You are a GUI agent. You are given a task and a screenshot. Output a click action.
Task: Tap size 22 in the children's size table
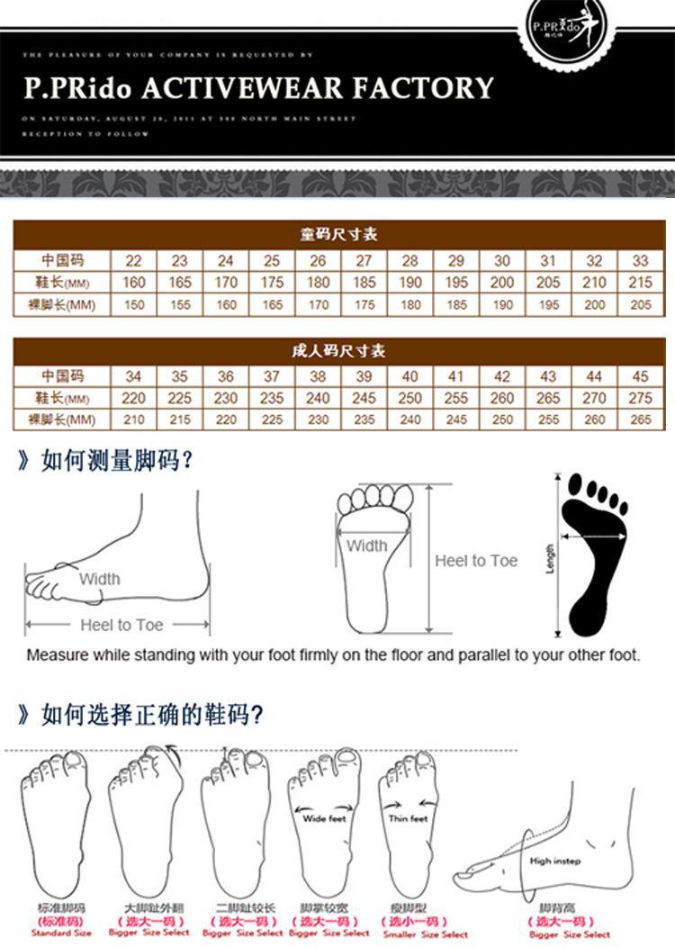click(x=133, y=261)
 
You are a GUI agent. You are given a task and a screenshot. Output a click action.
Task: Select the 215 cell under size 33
click(x=640, y=283)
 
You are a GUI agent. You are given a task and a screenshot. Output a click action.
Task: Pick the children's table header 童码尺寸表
click(x=337, y=235)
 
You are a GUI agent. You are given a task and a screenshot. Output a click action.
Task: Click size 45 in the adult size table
click(x=640, y=377)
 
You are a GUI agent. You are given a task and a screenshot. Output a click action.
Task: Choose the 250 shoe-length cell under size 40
click(x=409, y=398)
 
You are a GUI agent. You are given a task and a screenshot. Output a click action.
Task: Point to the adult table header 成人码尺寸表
click(x=337, y=351)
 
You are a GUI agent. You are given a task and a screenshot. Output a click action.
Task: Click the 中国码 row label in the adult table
click(x=61, y=376)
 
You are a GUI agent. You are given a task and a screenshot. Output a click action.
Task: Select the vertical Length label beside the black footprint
click(x=550, y=558)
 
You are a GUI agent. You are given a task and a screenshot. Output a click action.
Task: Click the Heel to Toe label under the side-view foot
click(x=121, y=625)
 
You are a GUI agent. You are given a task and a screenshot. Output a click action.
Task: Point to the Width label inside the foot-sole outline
click(x=366, y=546)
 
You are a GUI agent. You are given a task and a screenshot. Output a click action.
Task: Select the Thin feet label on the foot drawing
click(x=408, y=818)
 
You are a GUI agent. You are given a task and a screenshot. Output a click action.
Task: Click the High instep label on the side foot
click(x=555, y=861)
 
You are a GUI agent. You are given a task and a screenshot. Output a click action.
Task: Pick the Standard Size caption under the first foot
click(x=61, y=933)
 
